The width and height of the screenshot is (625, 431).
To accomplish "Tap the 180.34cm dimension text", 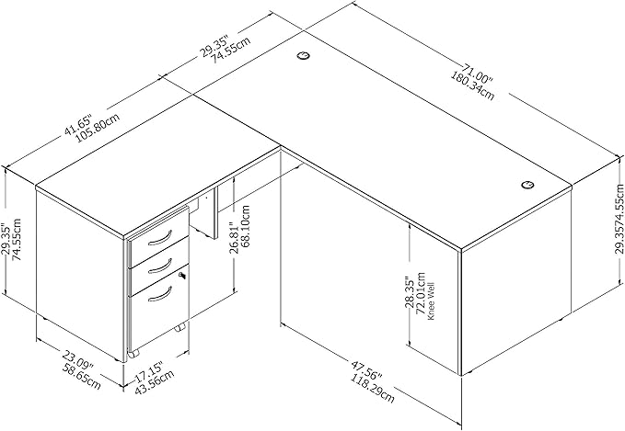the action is point(473,86).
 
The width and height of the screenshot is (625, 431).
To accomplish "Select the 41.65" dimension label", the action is point(78,125).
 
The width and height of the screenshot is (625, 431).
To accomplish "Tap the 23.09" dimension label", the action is point(77,356).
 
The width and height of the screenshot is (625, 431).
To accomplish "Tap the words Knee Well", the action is point(432,301).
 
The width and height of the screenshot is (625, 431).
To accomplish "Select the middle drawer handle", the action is point(160,266).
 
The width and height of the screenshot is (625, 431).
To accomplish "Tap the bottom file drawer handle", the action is point(160,294).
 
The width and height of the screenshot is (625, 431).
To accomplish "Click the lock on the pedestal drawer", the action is point(182,275).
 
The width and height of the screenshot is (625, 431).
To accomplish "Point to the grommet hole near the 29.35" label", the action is point(304,55).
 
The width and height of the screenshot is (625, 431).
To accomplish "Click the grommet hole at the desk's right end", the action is point(527,184).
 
